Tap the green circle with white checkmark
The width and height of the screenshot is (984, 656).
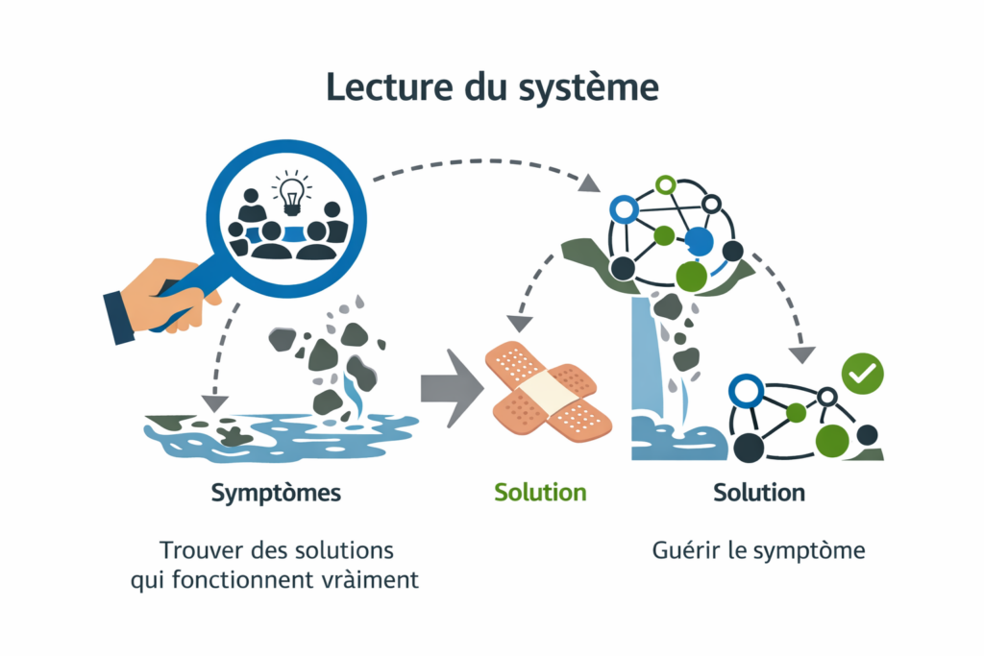862,375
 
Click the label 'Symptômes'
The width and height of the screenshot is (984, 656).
276,494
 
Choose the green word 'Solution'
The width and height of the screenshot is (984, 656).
540,493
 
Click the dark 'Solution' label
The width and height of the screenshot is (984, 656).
759,493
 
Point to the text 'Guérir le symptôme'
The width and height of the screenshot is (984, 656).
759,551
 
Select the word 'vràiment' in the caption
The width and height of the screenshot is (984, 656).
370,580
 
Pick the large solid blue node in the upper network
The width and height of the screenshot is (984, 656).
701,241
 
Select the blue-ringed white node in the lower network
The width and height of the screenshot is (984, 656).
746,390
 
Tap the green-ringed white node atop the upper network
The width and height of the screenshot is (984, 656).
665,183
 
